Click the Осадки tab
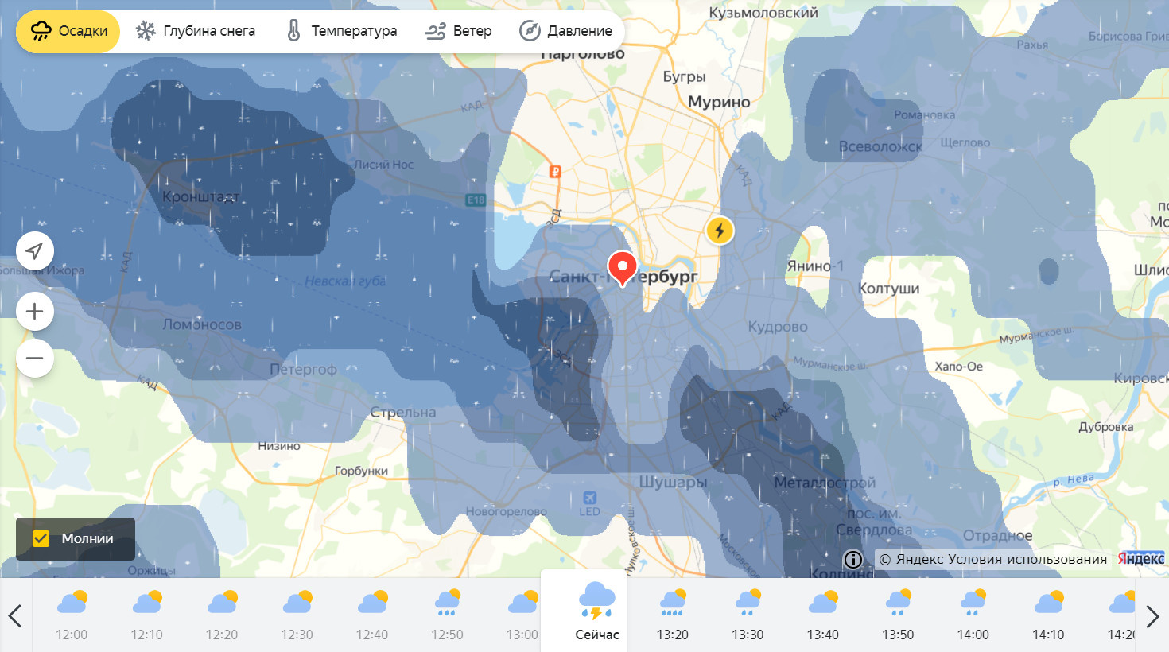[68, 31]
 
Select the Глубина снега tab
[196, 31]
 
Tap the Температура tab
[341, 31]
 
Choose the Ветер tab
[458, 31]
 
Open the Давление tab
[565, 31]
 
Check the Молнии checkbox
[41, 538]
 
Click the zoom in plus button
[35, 311]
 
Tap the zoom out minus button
[35, 358]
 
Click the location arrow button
[35, 251]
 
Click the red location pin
[622, 267]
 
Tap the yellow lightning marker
[720, 231]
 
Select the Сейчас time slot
[596, 611]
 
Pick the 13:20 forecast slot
[672, 613]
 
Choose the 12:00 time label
[72, 635]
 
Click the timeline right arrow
[1152, 615]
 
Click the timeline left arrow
[15, 615]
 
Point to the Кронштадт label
[200, 196]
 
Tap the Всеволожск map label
[880, 146]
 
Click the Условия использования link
[1027, 559]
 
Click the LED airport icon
[590, 499]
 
